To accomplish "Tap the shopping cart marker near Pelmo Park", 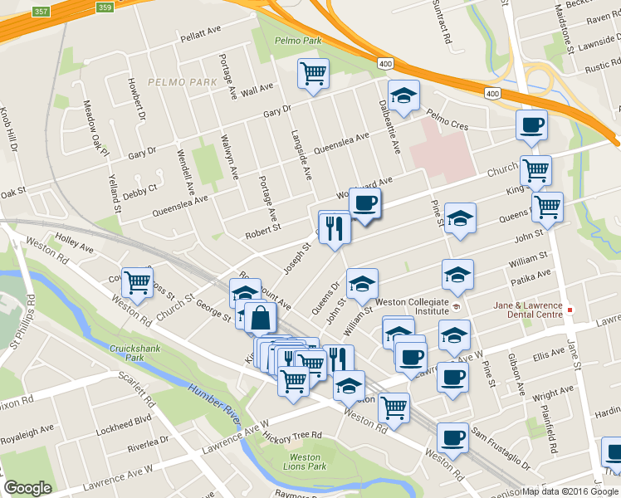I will tap(313, 75).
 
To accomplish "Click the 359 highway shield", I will tap(104, 7).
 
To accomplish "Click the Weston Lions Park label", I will tap(306, 462).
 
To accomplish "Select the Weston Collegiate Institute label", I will tap(413, 306).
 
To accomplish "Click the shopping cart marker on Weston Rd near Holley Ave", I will tap(137, 283).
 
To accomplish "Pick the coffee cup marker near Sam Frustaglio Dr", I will tap(452, 437).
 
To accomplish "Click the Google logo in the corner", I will tap(27, 488).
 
